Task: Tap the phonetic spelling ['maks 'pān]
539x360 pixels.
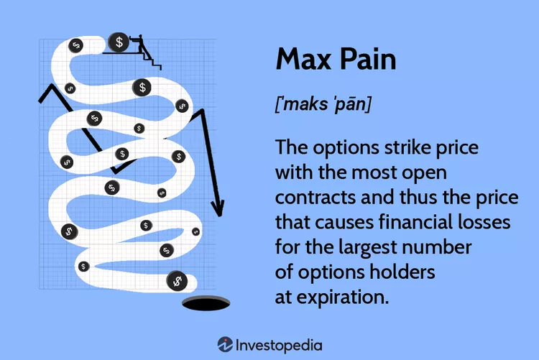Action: click(323, 104)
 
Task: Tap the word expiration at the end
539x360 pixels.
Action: click(342, 297)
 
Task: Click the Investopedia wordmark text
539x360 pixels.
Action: click(279, 346)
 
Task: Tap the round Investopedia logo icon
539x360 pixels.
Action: click(225, 344)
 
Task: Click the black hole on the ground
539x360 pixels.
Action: click(206, 304)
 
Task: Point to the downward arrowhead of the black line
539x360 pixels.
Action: click(218, 208)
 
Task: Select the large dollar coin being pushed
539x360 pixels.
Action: click(119, 42)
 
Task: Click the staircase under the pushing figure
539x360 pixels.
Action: click(154, 62)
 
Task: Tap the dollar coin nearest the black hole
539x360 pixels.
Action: click(177, 281)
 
